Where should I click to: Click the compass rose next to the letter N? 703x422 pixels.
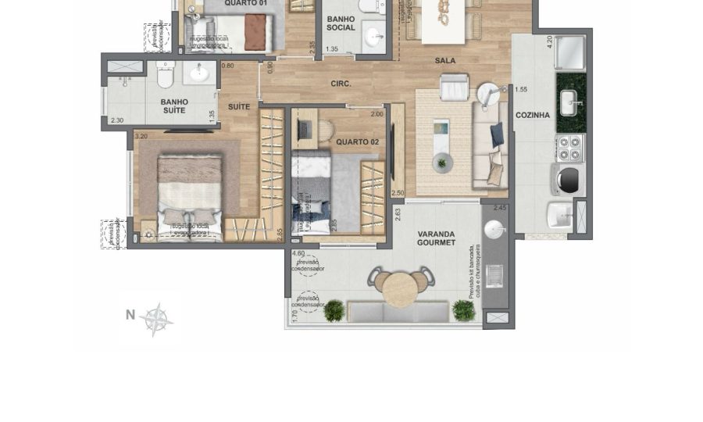(158, 318)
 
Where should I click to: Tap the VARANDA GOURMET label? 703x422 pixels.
(437, 238)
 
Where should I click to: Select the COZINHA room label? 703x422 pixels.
(532, 116)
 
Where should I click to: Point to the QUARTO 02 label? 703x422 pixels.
(357, 141)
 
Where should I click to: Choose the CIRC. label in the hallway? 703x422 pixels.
(341, 84)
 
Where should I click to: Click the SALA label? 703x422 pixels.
(445, 60)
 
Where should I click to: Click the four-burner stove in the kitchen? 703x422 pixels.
(569, 146)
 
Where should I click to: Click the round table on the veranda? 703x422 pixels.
(400, 288)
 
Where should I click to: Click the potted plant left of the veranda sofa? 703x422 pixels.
(334, 311)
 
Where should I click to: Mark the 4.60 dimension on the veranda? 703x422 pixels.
(298, 254)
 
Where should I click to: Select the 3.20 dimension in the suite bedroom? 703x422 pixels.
(141, 137)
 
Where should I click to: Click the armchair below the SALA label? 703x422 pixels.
(454, 88)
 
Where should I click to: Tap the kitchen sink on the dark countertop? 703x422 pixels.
(569, 102)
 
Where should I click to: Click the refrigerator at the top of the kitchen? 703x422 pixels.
(570, 51)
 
